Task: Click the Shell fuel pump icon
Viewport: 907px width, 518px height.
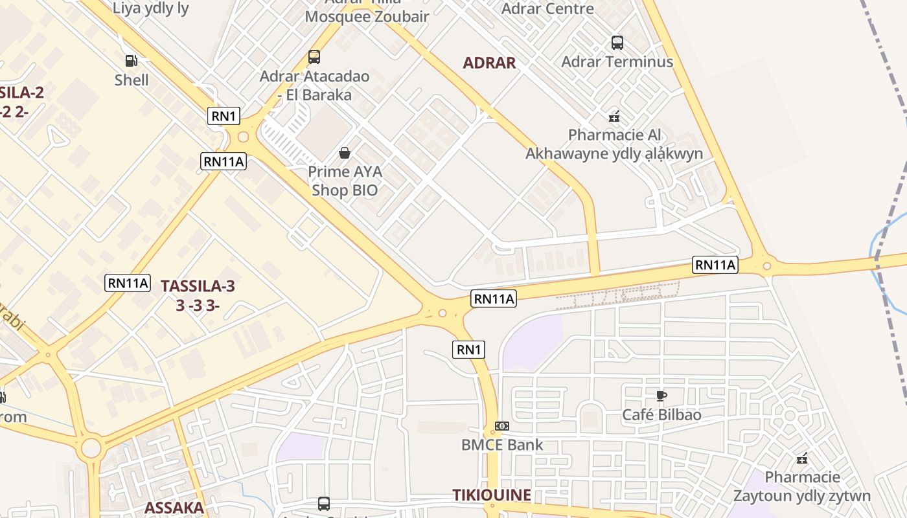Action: (132, 61)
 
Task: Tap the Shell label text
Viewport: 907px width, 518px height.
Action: (132, 80)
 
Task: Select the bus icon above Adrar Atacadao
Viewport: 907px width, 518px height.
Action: (314, 57)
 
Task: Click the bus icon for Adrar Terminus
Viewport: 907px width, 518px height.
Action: (617, 43)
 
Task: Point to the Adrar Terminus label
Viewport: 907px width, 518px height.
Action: (617, 62)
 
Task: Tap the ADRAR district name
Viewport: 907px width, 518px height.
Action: (489, 63)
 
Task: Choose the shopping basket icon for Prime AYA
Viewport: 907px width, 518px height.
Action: (345, 153)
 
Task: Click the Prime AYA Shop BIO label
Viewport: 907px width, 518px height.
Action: (345, 181)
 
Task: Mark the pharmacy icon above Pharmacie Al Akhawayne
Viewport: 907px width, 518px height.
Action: (614, 117)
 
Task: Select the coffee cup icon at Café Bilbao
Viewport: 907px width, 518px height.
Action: (661, 396)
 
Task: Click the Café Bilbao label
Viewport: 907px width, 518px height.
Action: (661, 414)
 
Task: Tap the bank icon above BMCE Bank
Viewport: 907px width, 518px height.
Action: (502, 426)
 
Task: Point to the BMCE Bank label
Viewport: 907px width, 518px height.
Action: (502, 445)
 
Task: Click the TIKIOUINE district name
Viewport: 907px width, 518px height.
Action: (492, 495)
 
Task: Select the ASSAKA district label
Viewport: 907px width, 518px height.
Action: (174, 508)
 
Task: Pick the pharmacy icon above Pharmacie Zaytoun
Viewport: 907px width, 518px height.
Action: (802, 458)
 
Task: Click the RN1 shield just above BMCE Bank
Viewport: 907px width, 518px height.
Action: (468, 350)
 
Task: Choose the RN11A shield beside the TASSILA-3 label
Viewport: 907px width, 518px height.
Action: (128, 283)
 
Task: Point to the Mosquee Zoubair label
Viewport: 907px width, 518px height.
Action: (367, 17)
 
